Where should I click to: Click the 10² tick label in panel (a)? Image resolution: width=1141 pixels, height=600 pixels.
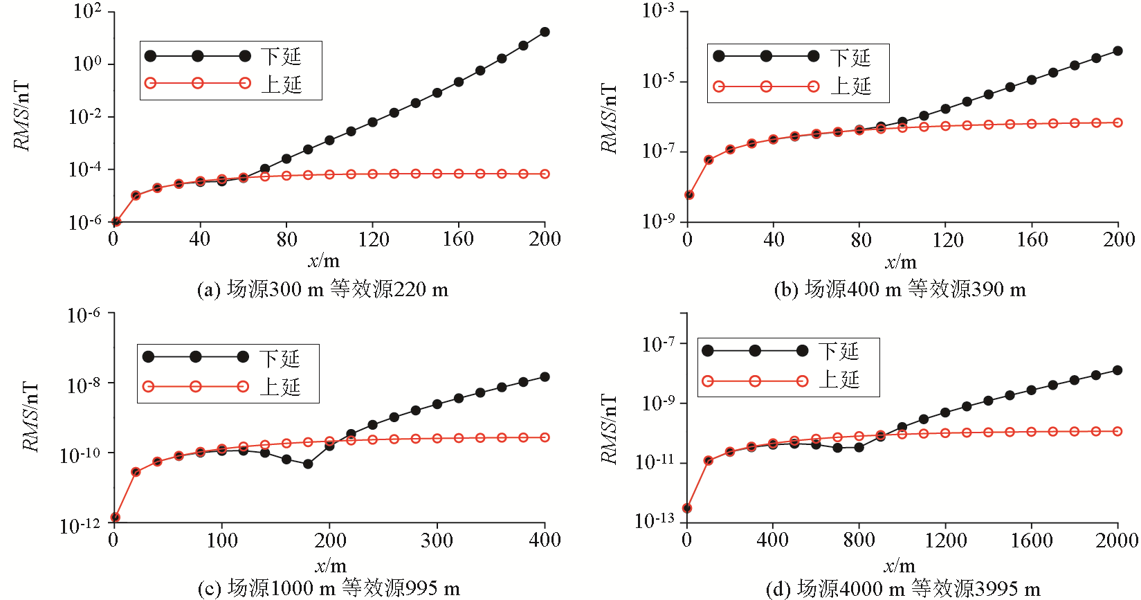87,12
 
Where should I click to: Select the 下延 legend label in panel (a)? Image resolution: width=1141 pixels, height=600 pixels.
281,56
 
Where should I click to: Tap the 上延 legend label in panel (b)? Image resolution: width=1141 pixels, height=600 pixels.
850,87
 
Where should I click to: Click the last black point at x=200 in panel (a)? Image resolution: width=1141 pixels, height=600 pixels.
545,32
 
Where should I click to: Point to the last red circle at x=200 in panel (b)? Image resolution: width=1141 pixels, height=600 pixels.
1117,122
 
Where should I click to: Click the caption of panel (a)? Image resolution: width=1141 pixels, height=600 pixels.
322,289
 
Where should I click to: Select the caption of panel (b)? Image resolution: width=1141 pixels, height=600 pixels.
900,289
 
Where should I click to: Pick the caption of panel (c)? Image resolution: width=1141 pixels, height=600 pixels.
329,589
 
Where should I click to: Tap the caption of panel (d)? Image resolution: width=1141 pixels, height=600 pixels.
903,589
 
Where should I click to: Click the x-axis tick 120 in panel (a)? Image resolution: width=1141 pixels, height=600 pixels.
373,239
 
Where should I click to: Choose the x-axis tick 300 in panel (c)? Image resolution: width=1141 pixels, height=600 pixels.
437,540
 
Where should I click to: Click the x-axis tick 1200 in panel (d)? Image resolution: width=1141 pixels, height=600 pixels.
945,540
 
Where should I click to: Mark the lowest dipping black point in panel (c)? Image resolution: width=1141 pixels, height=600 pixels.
308,464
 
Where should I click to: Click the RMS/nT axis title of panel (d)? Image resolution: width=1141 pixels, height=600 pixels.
608,429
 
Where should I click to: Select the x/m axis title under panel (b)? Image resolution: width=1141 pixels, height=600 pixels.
900,262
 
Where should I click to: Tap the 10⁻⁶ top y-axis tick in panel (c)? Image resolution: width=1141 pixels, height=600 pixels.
83,316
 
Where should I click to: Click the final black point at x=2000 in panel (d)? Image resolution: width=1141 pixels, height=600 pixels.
1117,370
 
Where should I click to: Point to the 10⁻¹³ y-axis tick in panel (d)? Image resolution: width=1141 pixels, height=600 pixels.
654,520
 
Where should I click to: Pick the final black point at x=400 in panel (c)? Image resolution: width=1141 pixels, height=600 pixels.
545,376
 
